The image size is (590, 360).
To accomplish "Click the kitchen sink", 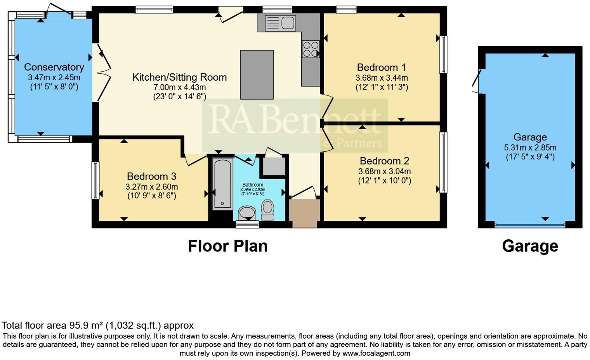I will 280,23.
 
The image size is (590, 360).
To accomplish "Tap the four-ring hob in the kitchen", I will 311,49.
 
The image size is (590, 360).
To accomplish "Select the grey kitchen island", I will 257,75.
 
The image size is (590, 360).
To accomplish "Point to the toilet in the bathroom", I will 267,209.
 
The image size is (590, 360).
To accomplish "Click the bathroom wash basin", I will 247,213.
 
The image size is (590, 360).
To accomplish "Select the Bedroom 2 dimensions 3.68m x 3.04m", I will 384,171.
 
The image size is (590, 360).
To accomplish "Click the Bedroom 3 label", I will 151,177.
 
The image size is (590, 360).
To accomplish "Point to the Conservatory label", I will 54,67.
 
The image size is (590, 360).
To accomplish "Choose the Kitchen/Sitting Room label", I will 179,77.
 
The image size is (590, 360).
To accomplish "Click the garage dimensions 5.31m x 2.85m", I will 530,147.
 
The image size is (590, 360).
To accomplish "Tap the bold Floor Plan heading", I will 227,246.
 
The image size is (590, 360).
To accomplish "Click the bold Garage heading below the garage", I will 530,246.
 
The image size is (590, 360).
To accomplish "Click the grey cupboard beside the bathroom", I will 274,166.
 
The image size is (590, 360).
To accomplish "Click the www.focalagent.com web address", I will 376,353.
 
